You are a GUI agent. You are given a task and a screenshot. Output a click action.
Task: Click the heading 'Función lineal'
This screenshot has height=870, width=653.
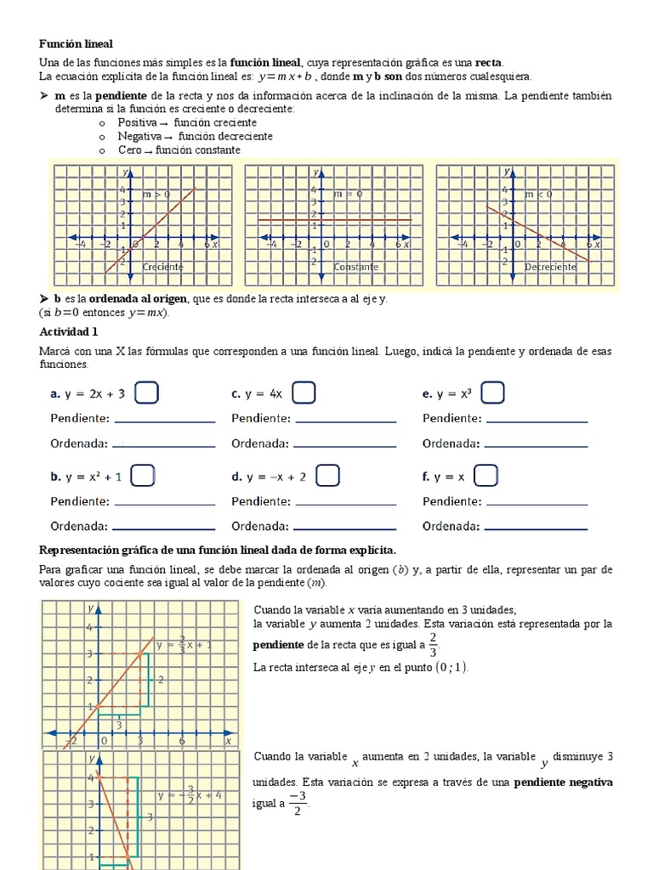[76, 43]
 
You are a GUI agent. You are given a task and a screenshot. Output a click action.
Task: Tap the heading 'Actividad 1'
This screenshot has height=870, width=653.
[69, 331]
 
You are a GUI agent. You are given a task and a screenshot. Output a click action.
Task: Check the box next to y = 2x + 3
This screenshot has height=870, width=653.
[147, 393]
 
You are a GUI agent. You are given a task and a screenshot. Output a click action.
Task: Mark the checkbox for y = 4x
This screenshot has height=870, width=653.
[304, 393]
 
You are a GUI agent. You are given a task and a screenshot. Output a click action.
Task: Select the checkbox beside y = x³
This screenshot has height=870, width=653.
[493, 393]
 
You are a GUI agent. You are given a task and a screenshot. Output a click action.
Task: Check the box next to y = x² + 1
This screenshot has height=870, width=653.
[143, 476]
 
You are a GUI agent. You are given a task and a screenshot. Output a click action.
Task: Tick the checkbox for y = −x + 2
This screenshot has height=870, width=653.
[328, 476]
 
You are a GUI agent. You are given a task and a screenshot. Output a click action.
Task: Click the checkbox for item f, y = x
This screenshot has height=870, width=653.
[485, 476]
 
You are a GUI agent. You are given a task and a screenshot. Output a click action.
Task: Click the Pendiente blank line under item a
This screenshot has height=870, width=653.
[164, 420]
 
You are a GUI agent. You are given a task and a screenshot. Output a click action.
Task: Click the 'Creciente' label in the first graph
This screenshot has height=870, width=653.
[163, 267]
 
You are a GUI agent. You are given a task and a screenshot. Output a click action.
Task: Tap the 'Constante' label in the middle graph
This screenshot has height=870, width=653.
[356, 267]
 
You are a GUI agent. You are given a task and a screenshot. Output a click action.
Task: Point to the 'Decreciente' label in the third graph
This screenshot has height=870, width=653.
[550, 267]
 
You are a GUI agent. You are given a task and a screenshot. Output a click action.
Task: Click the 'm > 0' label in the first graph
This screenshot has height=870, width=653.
[156, 194]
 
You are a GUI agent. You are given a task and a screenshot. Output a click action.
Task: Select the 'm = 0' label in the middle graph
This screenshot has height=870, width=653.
[348, 194]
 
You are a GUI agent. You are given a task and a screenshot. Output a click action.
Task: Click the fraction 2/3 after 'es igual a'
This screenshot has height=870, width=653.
[433, 645]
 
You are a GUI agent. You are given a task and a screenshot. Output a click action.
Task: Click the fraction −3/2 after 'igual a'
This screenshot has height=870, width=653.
[298, 802]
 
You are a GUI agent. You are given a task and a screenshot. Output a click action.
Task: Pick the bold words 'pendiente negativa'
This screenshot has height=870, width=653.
[563, 782]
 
